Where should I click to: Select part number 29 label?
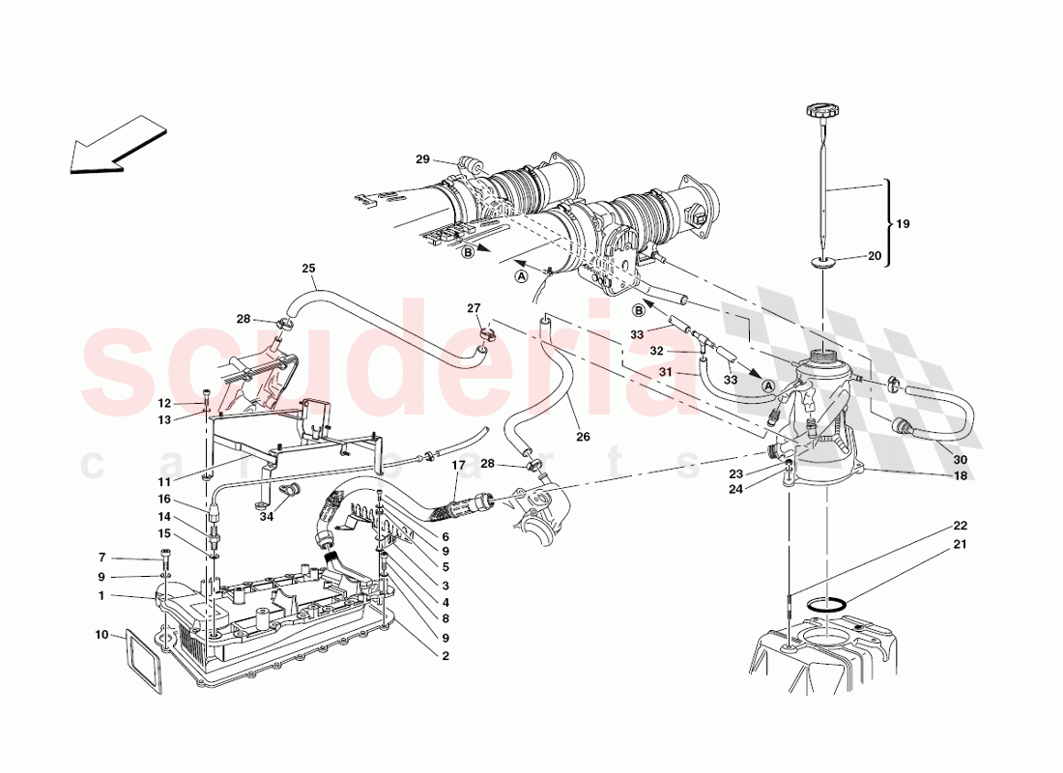[x=421, y=159]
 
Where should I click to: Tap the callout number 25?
[x=308, y=269]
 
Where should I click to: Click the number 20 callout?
[x=876, y=256]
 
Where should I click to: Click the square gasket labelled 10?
[x=142, y=661]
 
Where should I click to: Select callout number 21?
[x=960, y=545]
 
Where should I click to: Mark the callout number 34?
[x=267, y=517]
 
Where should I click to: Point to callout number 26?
[x=582, y=436]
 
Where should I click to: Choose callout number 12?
[x=164, y=403]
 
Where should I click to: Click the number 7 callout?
[x=101, y=558]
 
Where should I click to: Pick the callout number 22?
[x=960, y=526]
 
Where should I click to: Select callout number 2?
[x=445, y=657]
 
